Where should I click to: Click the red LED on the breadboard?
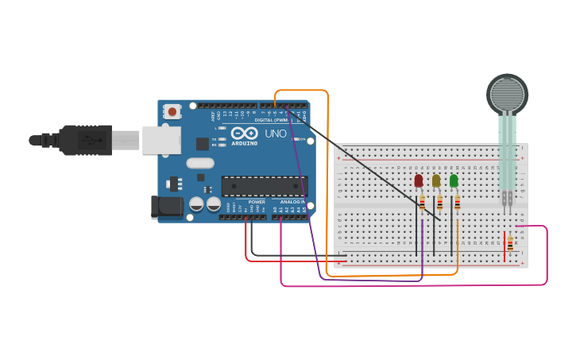click(419, 181)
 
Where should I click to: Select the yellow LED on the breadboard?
click(436, 181)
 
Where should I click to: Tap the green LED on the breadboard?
click(454, 181)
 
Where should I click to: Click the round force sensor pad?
click(507, 94)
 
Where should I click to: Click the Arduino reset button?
click(172, 112)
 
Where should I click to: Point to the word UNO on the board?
click(276, 134)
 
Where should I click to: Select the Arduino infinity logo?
click(245, 133)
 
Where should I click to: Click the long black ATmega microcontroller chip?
click(263, 186)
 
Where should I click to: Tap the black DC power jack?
click(165, 207)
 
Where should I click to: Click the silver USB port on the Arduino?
click(160, 140)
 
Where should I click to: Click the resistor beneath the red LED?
click(422, 203)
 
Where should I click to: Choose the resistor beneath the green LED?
click(457, 203)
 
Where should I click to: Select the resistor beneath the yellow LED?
click(439, 203)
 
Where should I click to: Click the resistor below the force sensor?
click(509, 243)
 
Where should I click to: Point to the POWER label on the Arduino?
click(257, 202)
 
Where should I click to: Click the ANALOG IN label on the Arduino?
click(292, 202)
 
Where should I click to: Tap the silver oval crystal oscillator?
click(200, 163)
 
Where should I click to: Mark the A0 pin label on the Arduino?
click(275, 210)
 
